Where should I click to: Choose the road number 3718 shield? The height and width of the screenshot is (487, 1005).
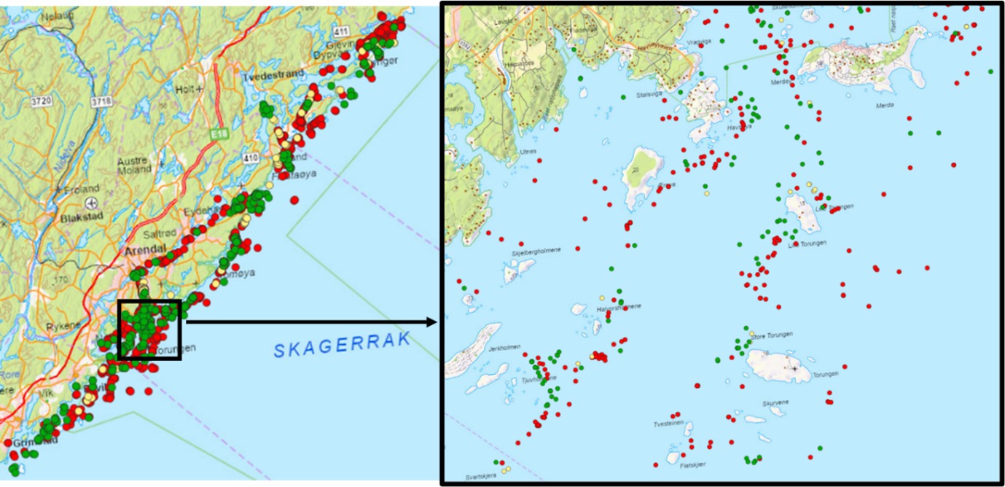pos(102,101)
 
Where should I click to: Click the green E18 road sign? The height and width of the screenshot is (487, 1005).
pos(215,135)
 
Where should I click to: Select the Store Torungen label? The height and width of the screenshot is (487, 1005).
pos(771,335)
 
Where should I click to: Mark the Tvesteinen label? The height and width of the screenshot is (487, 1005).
pos(668,423)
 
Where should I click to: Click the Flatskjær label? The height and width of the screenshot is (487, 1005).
pos(692,464)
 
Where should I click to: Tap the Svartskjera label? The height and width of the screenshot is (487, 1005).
pos(480,476)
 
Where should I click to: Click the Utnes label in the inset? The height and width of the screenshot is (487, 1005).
pos(528,151)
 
